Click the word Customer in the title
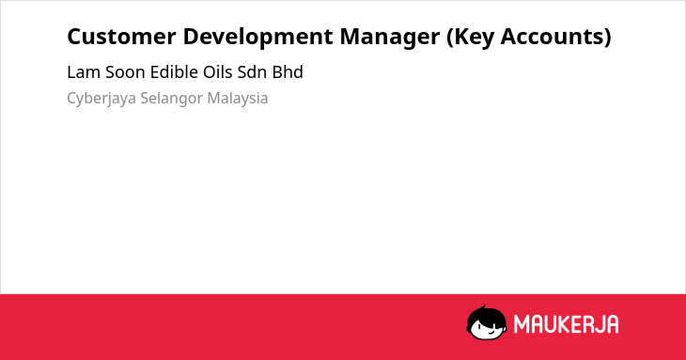point(121,37)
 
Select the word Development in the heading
point(257,38)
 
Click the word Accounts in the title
point(555,37)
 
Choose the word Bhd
point(288,71)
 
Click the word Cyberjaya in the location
point(101,99)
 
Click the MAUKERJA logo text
point(566,324)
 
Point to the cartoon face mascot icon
point(487,322)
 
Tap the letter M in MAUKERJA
point(522,324)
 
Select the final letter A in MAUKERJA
point(612,324)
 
